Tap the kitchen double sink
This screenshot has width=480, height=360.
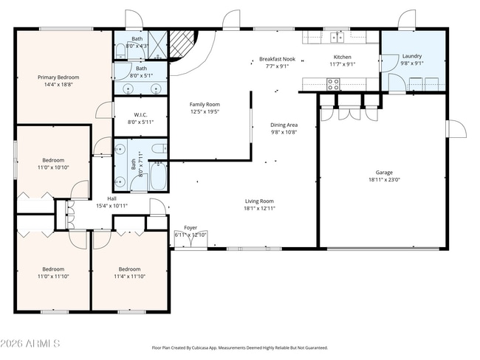click(338, 37)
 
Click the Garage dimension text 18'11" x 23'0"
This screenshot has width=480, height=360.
click(383, 179)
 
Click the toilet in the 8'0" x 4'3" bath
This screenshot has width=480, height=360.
click(120, 50)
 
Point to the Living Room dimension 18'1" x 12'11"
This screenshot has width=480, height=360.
click(259, 208)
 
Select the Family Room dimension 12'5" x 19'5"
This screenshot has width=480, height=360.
click(205, 112)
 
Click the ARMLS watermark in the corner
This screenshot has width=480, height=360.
click(35, 345)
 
